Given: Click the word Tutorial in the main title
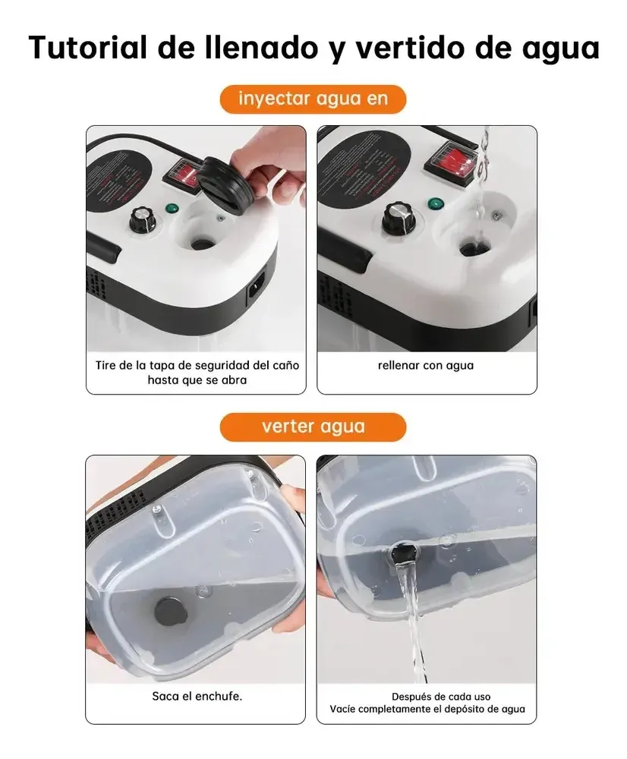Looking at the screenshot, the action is pos(88,47).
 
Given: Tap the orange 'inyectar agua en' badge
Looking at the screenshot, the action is pos(313,99).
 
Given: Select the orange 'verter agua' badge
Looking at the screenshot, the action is pos(313,427).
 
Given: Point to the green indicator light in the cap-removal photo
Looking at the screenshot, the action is pos(172,209).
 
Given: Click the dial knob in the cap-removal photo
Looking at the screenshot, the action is pos(143,221).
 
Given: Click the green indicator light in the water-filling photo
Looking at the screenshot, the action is pos(436,204).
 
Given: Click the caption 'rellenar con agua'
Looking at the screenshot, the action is pos(426,366).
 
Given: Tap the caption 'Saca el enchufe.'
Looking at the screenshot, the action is pos(197,696).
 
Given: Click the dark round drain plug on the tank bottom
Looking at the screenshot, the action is pos(171,611).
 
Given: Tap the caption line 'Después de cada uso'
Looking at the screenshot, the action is pos(440,697).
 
